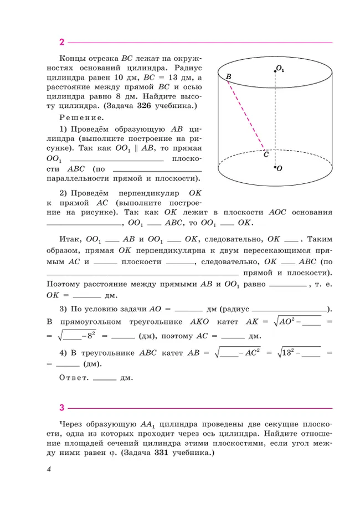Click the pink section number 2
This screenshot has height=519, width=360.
tap(62, 42)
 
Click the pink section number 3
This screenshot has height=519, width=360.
tap(62, 408)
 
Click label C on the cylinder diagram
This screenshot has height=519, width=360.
tap(266, 155)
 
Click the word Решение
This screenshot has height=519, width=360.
tap(81, 117)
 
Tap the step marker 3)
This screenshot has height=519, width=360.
tap(64, 309)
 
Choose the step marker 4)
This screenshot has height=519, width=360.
tap(64, 351)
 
